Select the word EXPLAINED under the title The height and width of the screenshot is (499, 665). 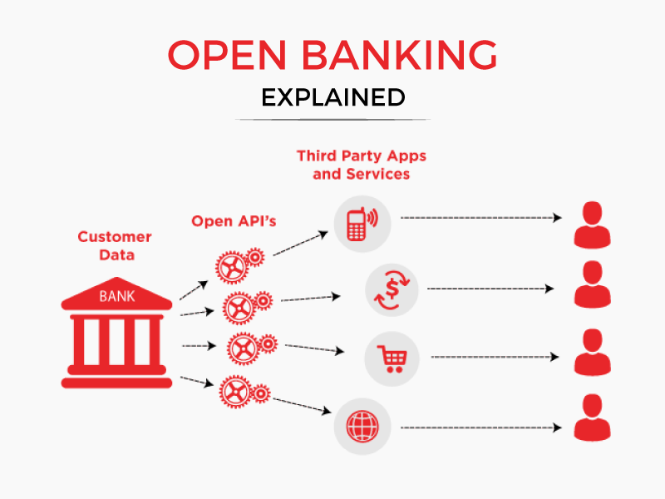332,97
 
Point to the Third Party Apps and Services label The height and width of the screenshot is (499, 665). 361,165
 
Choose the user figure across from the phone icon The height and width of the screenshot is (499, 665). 592,223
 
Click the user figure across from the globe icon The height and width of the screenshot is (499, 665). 592,417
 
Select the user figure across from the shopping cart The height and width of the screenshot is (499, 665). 592,353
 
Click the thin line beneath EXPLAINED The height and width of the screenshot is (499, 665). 332,120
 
